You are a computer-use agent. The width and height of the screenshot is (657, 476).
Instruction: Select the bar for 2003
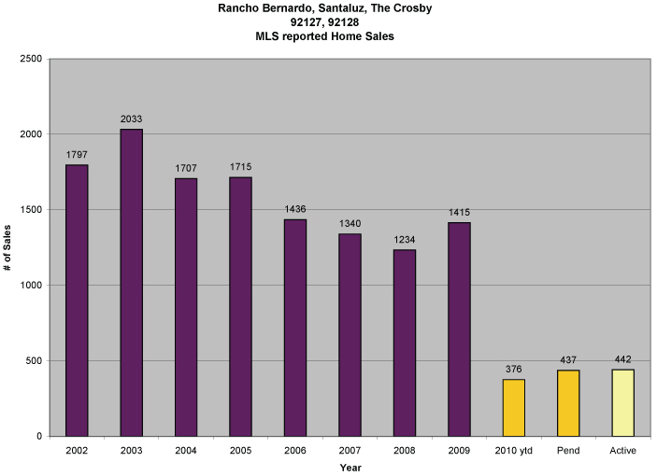[x=131, y=282]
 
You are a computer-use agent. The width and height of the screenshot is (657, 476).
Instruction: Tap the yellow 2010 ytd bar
[x=514, y=407]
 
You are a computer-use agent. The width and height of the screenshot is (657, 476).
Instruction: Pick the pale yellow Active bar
[x=622, y=402]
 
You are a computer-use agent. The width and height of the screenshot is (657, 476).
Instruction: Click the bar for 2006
[x=295, y=327]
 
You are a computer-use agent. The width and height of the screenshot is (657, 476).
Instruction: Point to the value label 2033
[x=131, y=119]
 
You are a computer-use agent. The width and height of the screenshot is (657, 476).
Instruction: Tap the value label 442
[x=622, y=359]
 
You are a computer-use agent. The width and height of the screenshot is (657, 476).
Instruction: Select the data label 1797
[x=77, y=154]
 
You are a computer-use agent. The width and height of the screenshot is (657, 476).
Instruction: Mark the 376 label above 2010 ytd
[x=514, y=369]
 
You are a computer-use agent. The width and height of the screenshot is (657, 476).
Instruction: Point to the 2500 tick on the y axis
[x=31, y=59]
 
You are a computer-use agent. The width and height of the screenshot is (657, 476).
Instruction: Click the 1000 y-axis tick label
[x=31, y=286]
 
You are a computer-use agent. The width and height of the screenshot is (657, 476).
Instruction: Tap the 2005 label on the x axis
[x=240, y=451]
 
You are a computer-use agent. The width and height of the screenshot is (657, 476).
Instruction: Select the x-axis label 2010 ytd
[x=514, y=451]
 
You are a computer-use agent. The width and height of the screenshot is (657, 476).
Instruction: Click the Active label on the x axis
[x=622, y=451]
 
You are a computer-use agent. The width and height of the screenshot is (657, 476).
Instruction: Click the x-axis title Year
[x=350, y=467]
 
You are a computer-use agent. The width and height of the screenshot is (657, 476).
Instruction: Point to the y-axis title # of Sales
[x=7, y=246]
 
